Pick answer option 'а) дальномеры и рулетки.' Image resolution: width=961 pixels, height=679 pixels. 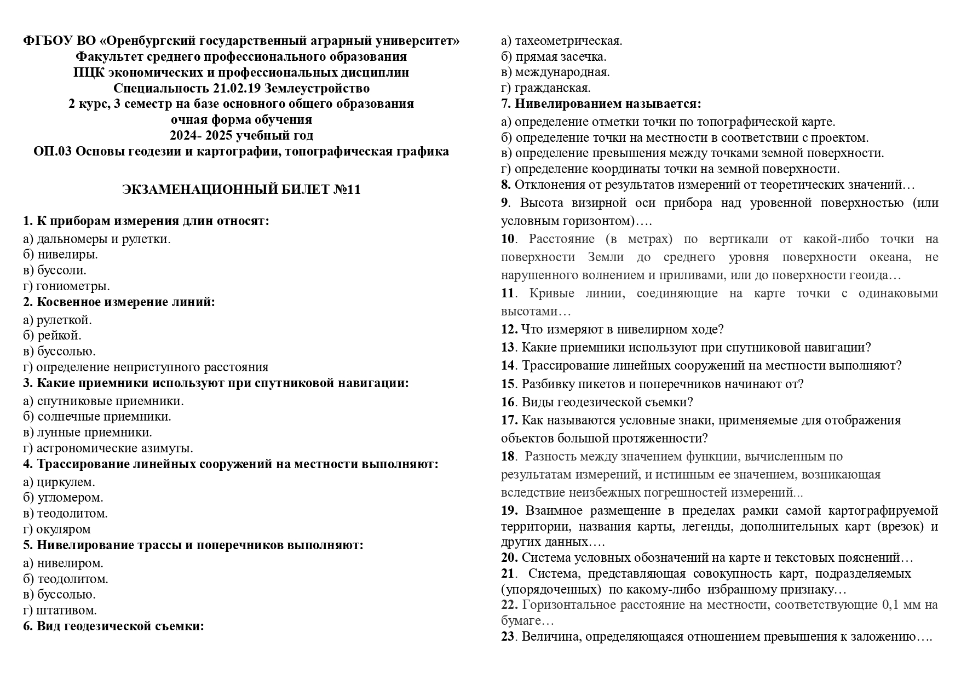tap(96, 239)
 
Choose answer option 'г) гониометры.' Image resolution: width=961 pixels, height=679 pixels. tap(66, 286)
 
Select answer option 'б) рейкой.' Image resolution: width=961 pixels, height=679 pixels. tap(52, 335)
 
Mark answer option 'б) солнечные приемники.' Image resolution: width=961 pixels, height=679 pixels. tap(97, 416)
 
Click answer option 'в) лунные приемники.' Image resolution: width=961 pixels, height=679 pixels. tap(88, 432)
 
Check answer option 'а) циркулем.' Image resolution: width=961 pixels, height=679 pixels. tap(59, 482)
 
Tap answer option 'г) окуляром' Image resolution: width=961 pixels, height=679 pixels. tap(57, 529)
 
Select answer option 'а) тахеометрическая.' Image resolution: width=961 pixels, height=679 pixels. tap(562, 41)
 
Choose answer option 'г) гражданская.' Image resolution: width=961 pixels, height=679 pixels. tap(546, 88)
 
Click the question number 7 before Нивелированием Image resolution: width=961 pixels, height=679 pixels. tap(505, 103)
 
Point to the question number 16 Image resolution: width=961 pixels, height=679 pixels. tap(508, 402)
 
